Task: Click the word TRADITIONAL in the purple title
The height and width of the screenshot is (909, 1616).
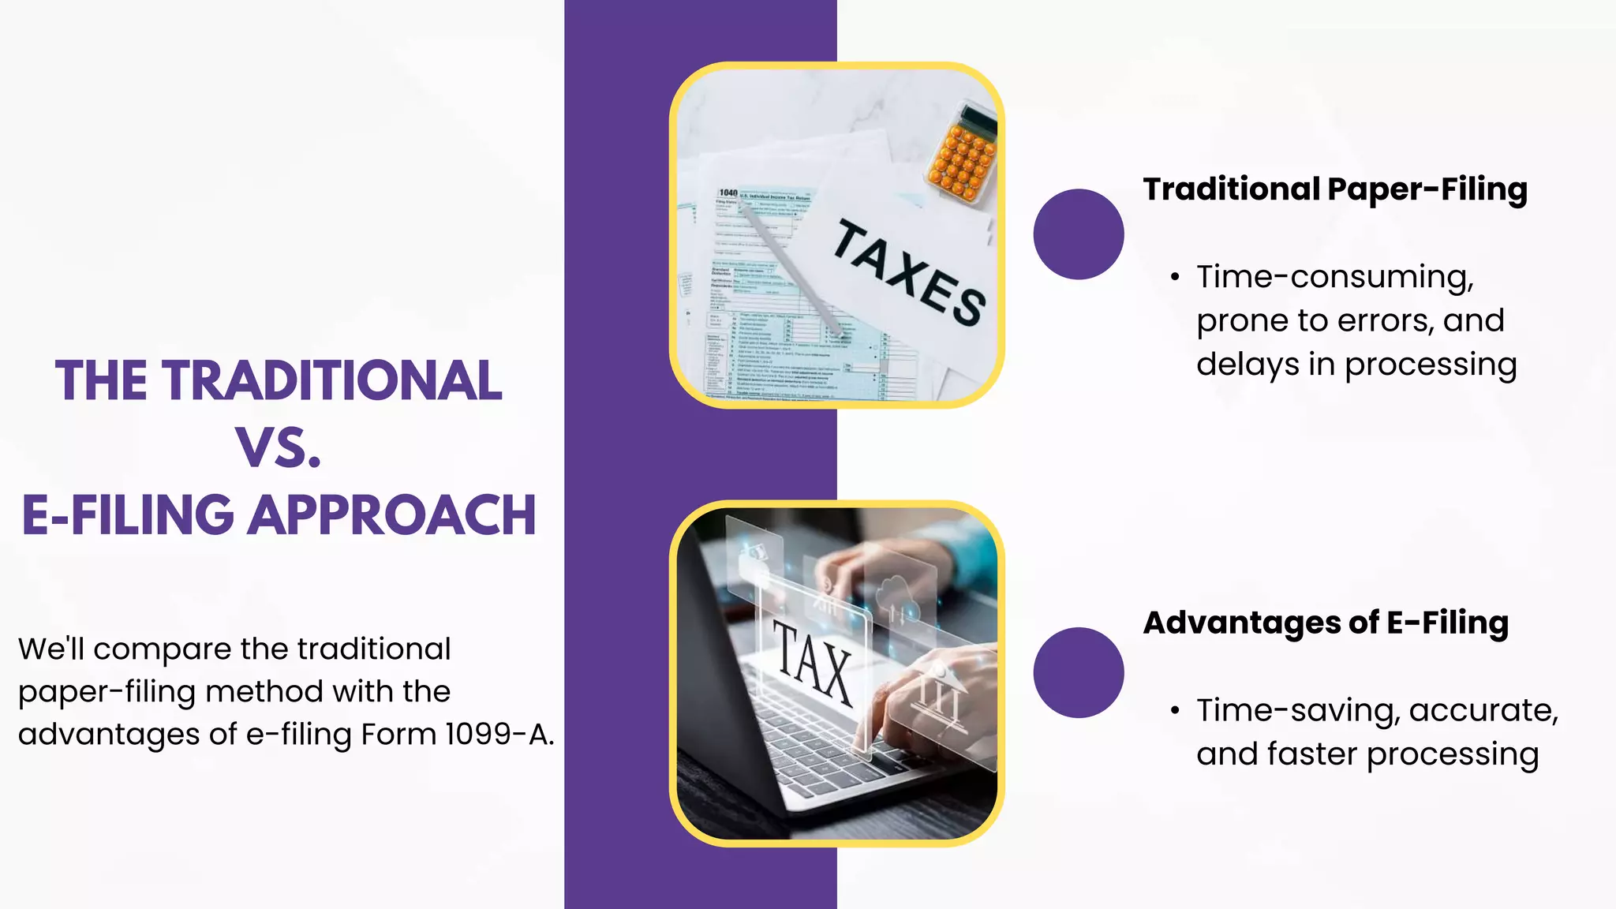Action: pyautogui.click(x=333, y=381)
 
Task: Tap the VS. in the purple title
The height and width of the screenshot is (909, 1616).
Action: pyautogui.click(x=279, y=448)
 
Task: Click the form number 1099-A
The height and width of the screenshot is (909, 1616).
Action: pyautogui.click(x=496, y=735)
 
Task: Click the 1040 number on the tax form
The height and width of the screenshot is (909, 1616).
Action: pyautogui.click(x=728, y=193)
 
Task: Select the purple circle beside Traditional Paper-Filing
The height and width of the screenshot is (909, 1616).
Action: pyautogui.click(x=1078, y=234)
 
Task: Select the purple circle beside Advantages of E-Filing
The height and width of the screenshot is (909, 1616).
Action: pyautogui.click(x=1078, y=672)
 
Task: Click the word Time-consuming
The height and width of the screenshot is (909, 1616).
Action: pyautogui.click(x=1334, y=277)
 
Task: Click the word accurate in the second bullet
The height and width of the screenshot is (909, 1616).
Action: pyautogui.click(x=1483, y=711)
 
